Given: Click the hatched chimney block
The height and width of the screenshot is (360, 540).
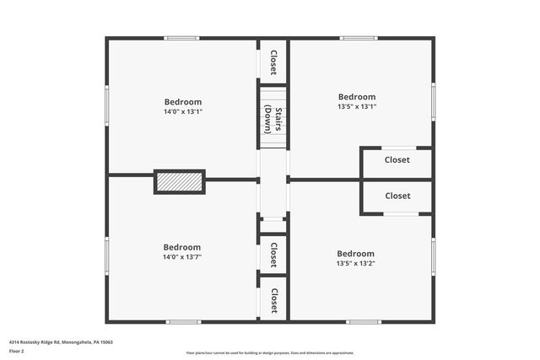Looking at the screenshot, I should coord(180,181).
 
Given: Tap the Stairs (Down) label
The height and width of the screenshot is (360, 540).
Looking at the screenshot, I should coord(273,117).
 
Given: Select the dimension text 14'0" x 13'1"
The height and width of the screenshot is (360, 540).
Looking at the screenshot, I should coord(183,111).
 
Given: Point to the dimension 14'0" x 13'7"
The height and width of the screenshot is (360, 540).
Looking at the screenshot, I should coord(182,257).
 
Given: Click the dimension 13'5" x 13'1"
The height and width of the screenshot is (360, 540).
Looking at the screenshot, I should coord(357,106).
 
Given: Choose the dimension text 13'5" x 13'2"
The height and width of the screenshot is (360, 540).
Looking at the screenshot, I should coord(355,263).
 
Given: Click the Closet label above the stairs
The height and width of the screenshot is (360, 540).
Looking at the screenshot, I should coord(273,62).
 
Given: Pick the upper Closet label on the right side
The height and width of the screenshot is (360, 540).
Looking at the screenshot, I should coord(397,159).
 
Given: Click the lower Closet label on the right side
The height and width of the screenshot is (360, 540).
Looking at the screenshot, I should coord(397,196).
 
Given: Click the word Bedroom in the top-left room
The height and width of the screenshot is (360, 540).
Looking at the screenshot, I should coord(183,102).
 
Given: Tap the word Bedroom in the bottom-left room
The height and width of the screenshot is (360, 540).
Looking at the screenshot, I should coord(182,247).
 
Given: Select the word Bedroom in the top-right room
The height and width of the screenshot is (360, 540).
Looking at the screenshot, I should coord(357,97).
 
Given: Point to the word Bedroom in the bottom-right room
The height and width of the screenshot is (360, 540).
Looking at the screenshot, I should coord(355,254).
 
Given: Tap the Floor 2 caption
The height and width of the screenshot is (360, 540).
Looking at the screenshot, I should coord(17,351).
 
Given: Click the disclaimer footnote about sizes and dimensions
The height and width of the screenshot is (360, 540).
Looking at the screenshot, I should coord(270,353).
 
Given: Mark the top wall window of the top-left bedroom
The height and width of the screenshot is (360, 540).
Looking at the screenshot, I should coord(181,38).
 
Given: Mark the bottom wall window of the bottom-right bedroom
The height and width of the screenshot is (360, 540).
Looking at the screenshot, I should coord(364,321).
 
